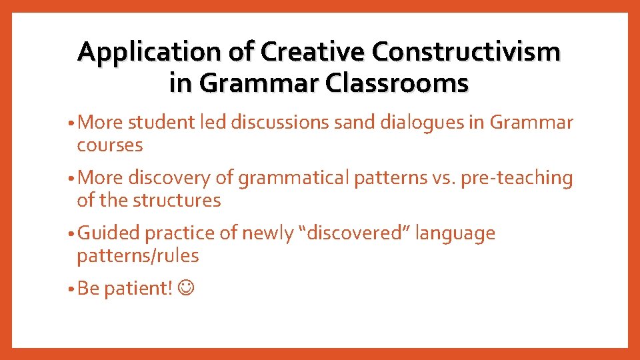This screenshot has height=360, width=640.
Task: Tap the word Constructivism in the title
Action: pyautogui.click(x=466, y=52)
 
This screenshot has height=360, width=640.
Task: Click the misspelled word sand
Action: pyautogui.click(x=348, y=123)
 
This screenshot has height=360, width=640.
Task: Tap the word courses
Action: pyautogui.click(x=110, y=145)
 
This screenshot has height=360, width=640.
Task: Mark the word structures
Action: pyautogui.click(x=176, y=200)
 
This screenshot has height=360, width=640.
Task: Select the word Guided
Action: pyautogui.click(x=109, y=234)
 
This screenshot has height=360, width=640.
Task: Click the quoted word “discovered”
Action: pyautogui.click(x=354, y=233)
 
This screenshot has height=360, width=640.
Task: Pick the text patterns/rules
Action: pyautogui.click(x=138, y=256)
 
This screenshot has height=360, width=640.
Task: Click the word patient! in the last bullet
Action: pyautogui.click(x=140, y=289)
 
